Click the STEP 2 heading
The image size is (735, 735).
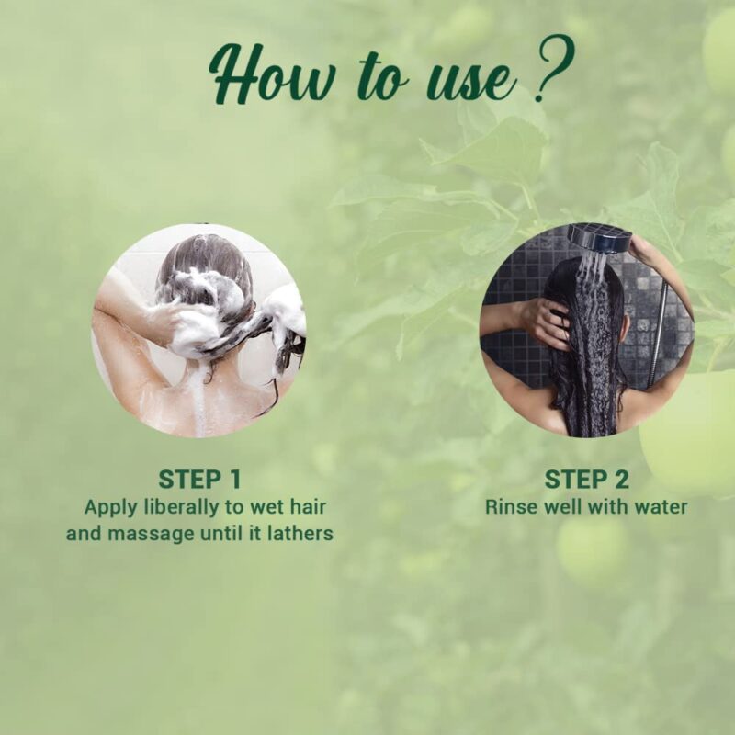(x=586, y=479)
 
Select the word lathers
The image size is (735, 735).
(x=298, y=533)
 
